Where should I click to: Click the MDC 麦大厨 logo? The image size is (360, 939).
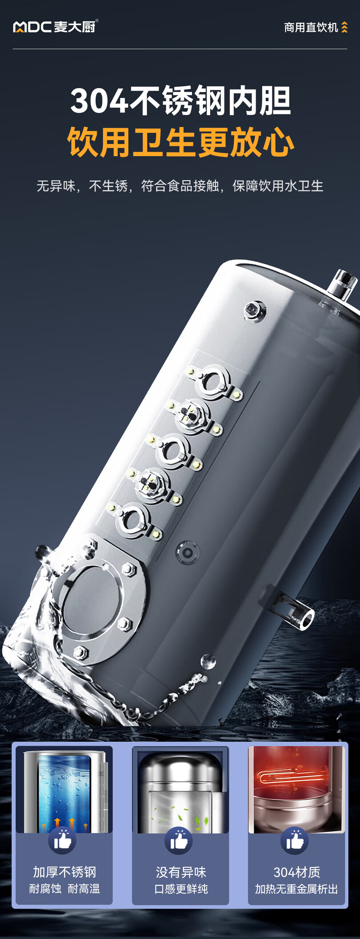pyautogui.click(x=56, y=27)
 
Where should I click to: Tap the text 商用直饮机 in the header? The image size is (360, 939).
pyautogui.click(x=311, y=27)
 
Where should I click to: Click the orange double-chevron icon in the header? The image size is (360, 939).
pyautogui.click(x=344, y=27)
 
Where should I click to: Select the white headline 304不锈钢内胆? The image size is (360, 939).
pyautogui.click(x=181, y=100)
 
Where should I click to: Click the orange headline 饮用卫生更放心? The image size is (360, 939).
pyautogui.click(x=181, y=142)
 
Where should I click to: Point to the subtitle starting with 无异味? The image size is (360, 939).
pyautogui.click(x=180, y=186)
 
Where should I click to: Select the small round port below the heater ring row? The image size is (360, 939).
pyautogui.click(x=188, y=552)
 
